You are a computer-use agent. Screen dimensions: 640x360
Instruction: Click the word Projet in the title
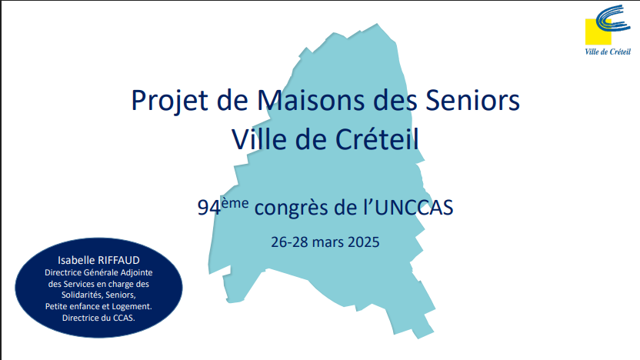click(x=169, y=101)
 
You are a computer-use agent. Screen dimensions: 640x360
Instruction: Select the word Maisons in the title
click(x=311, y=99)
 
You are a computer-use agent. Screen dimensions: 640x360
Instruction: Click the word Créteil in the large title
click(x=377, y=138)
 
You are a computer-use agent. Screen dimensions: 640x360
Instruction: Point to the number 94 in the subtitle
click(x=209, y=208)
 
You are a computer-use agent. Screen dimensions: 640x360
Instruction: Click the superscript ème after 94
click(x=235, y=203)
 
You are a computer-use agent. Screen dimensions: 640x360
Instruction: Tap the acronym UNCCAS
click(x=414, y=208)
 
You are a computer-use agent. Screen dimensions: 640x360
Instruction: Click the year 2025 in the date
click(x=363, y=242)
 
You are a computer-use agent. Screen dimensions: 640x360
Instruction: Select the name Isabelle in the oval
click(x=76, y=260)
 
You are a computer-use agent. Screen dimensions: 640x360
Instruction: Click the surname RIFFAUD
click(x=118, y=260)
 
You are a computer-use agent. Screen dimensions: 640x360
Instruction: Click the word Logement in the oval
click(x=132, y=306)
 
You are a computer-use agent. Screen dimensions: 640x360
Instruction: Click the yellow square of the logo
click(x=598, y=32)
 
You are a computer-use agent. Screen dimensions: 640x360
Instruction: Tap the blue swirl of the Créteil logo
click(x=612, y=18)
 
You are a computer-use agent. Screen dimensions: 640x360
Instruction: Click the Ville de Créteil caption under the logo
click(x=608, y=52)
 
